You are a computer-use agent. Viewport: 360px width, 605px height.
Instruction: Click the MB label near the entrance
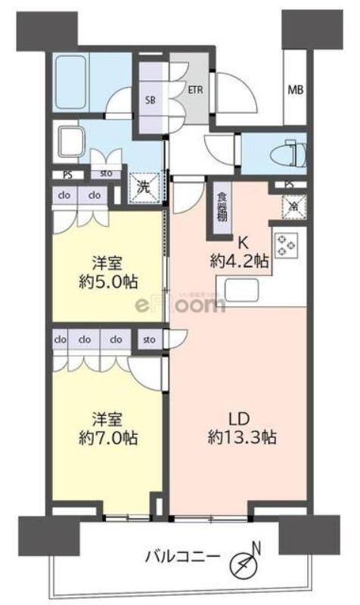pyautogui.click(x=296, y=90)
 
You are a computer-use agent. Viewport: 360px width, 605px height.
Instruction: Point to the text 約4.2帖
pyautogui.click(x=239, y=261)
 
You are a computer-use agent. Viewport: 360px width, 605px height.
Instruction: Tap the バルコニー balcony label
pyautogui.click(x=183, y=560)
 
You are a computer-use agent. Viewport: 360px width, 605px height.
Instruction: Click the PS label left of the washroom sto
pyautogui.click(x=68, y=174)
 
